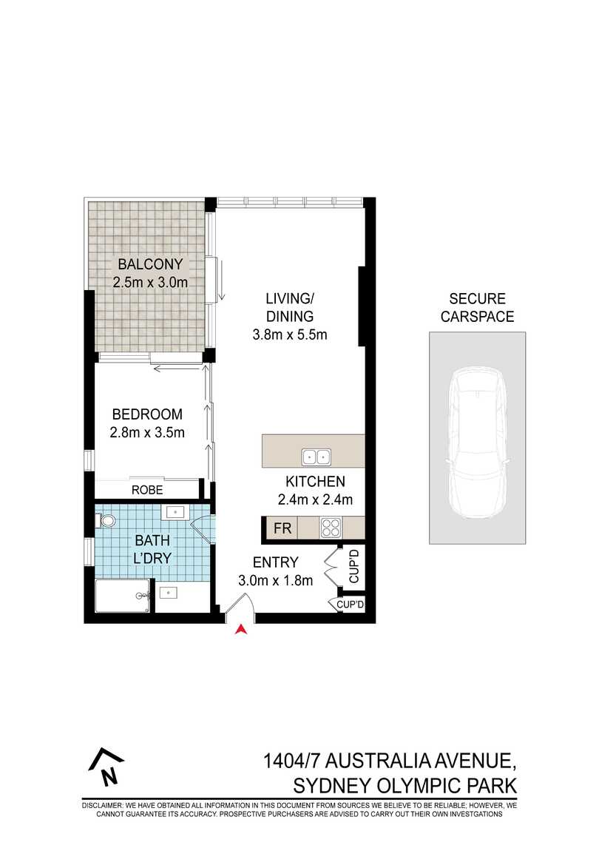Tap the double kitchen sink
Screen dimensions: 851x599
pyautogui.click(x=316, y=456)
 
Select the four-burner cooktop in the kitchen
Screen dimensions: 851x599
pyautogui.click(x=329, y=528)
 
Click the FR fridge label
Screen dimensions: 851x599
pyautogui.click(x=282, y=528)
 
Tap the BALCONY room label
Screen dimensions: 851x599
pyautogui.click(x=150, y=264)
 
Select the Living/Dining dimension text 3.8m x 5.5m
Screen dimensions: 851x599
pyautogui.click(x=290, y=334)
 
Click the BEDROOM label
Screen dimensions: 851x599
pyautogui.click(x=146, y=414)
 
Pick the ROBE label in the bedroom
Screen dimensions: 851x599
pyautogui.click(x=147, y=490)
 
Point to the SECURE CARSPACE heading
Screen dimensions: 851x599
pyautogui.click(x=477, y=308)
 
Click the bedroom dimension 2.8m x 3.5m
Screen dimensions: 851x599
pyautogui.click(x=148, y=433)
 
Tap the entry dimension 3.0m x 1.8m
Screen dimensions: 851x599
pyautogui.click(x=275, y=581)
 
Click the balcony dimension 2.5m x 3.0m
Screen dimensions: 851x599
pyautogui.click(x=150, y=282)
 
